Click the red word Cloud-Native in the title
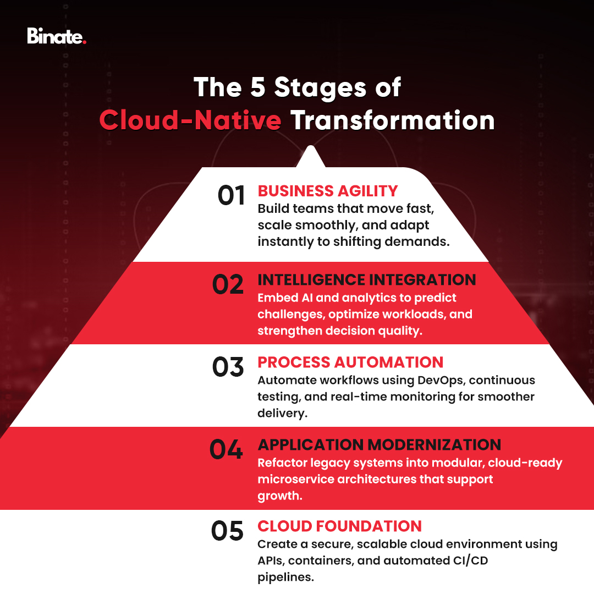point(190,120)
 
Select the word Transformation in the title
point(393,120)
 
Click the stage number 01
point(231,196)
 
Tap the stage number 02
point(228,284)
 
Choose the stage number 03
point(228,367)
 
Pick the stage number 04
point(226,449)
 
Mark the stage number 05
point(227,531)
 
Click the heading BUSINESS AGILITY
point(328,191)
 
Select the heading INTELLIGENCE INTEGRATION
point(367,279)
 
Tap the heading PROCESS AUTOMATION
point(350,362)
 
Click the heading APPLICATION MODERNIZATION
point(380,444)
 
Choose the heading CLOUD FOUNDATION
point(339,526)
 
